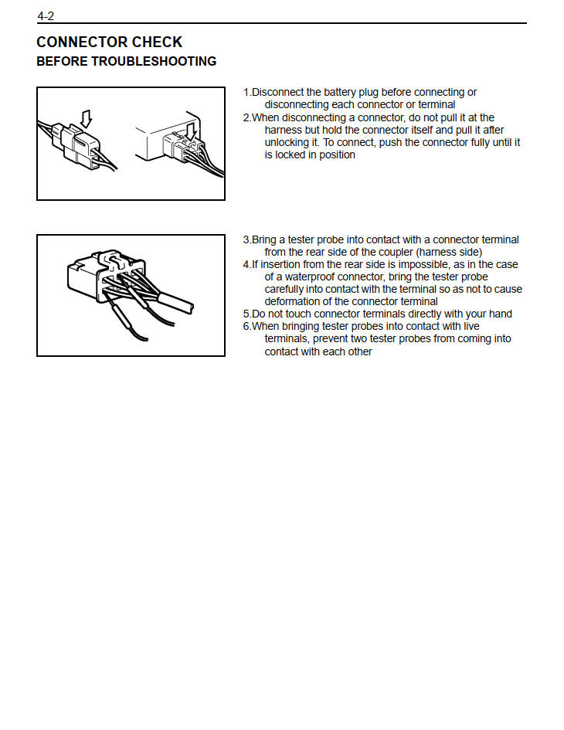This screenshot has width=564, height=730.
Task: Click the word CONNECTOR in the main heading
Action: pyautogui.click(x=82, y=42)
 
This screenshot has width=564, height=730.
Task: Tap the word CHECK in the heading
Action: pyautogui.click(x=157, y=42)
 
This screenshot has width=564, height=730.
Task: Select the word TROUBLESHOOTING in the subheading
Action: pyautogui.click(x=154, y=62)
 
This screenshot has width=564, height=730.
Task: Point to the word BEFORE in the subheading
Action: pyautogui.click(x=62, y=62)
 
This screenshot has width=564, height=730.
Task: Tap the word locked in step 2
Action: pyautogui.click(x=290, y=154)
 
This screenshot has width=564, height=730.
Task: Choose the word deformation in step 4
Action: pyautogui.click(x=294, y=301)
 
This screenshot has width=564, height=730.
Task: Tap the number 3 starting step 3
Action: pyautogui.click(x=246, y=239)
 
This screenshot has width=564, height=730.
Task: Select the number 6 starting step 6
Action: pyautogui.click(x=246, y=326)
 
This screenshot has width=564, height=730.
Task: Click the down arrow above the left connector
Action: pyautogui.click(x=86, y=117)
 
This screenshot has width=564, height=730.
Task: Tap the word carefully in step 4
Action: pyautogui.click(x=287, y=289)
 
